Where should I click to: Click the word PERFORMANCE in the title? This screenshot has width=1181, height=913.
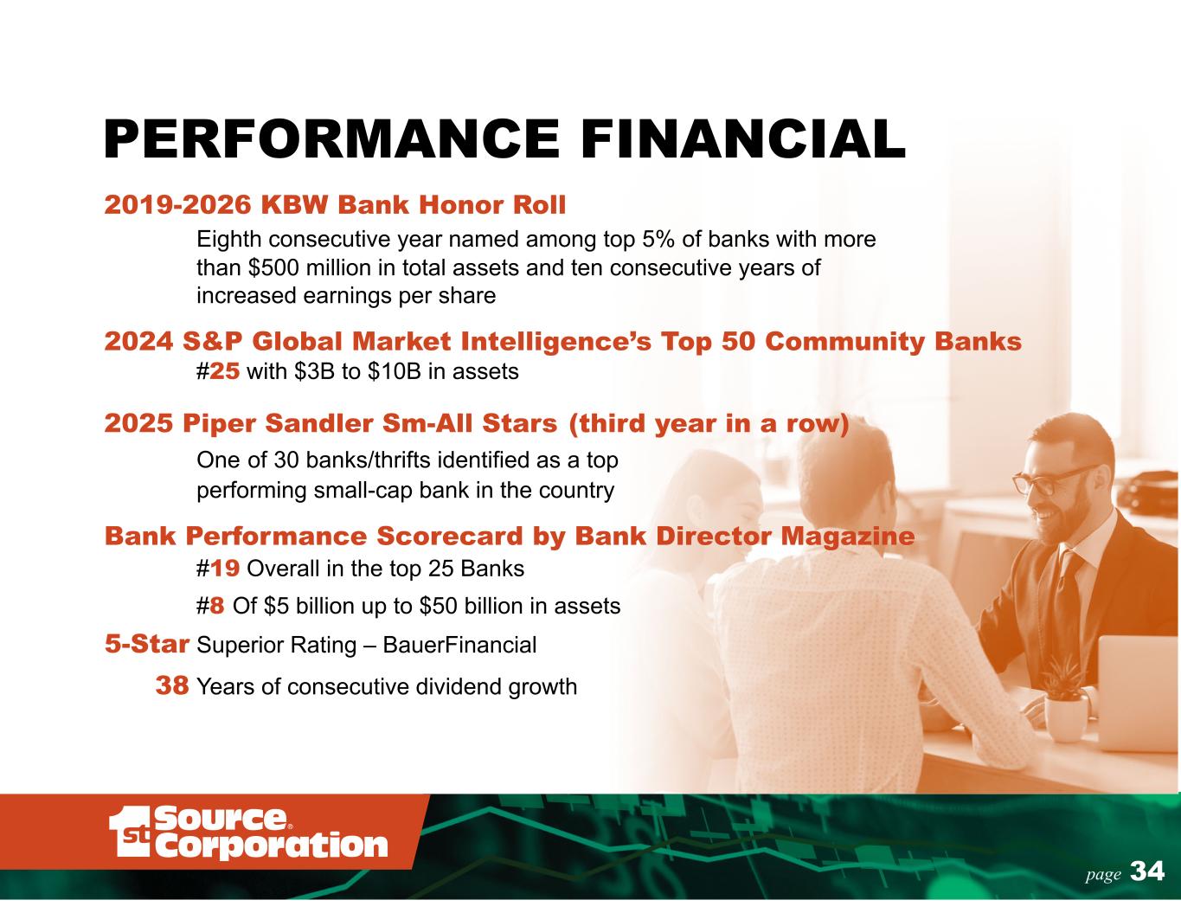[331, 139]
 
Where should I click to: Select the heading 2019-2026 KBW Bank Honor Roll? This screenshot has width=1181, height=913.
[335, 205]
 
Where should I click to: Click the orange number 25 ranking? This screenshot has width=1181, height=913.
[224, 372]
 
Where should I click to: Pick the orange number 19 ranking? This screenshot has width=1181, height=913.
[224, 569]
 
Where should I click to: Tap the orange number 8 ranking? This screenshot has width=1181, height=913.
[217, 606]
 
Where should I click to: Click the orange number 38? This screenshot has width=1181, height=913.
[172, 686]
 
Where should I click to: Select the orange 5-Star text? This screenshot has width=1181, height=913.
[147, 644]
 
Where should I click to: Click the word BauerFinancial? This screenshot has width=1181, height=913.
[459, 645]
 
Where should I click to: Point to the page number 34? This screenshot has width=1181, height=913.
[1147, 871]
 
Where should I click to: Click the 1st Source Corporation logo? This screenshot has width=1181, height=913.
[248, 833]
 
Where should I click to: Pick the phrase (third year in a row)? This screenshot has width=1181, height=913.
[709, 424]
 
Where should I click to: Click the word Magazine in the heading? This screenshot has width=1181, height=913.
[848, 537]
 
